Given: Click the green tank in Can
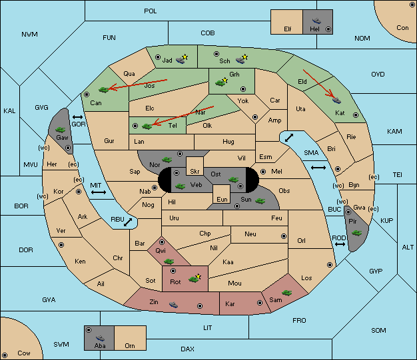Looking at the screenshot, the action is click(x=104, y=90).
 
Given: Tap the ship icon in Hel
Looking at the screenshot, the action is click(x=316, y=21).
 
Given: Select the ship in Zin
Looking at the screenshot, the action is click(x=173, y=305).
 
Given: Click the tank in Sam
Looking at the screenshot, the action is click(x=286, y=293).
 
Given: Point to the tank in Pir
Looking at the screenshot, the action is click(x=356, y=233).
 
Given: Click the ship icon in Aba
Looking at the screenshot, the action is click(x=100, y=337).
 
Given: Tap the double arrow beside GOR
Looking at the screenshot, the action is click(x=77, y=117).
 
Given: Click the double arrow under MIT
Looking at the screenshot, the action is click(x=99, y=192).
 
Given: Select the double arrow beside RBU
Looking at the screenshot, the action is click(x=128, y=222).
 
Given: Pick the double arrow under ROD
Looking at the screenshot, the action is click(x=340, y=244).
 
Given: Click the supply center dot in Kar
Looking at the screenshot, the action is click(x=260, y=303).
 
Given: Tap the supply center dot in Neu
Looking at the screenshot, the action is click(x=284, y=236).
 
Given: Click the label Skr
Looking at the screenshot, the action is click(x=195, y=172).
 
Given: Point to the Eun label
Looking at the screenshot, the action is click(x=222, y=199).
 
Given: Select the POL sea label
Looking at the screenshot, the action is click(x=151, y=11).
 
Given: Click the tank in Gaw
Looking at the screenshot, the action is click(x=61, y=129).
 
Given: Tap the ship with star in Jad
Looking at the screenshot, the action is click(x=182, y=59).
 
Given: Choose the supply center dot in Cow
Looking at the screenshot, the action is click(x=5, y=355).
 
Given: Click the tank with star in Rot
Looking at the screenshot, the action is click(x=195, y=278).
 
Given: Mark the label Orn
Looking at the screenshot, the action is click(x=130, y=345).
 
